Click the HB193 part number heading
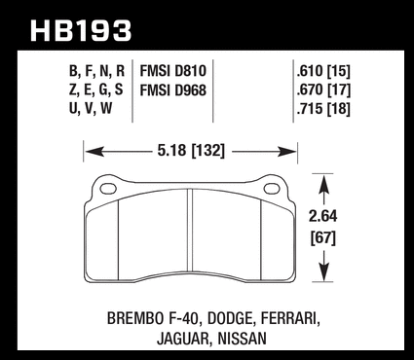81,31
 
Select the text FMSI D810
173,71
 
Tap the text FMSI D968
173,90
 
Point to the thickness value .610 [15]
323,71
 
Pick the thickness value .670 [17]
323,90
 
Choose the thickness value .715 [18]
323,109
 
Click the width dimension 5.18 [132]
191,151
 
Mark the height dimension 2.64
323,216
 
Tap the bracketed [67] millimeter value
323,238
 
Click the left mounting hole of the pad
108,189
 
